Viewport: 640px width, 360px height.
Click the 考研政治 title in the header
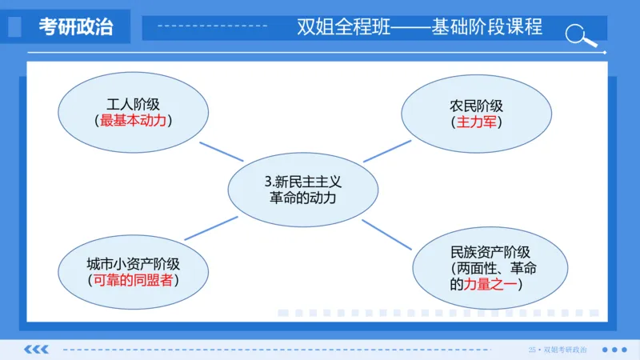(x=76, y=27)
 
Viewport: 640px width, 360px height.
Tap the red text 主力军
(x=476, y=122)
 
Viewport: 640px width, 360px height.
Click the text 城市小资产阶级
(x=133, y=264)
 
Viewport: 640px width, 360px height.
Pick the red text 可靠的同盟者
(x=133, y=280)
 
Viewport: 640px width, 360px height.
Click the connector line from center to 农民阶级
(x=386, y=150)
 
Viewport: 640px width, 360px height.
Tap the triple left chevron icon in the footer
(x=37, y=350)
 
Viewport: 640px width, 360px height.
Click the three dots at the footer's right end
(x=614, y=350)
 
